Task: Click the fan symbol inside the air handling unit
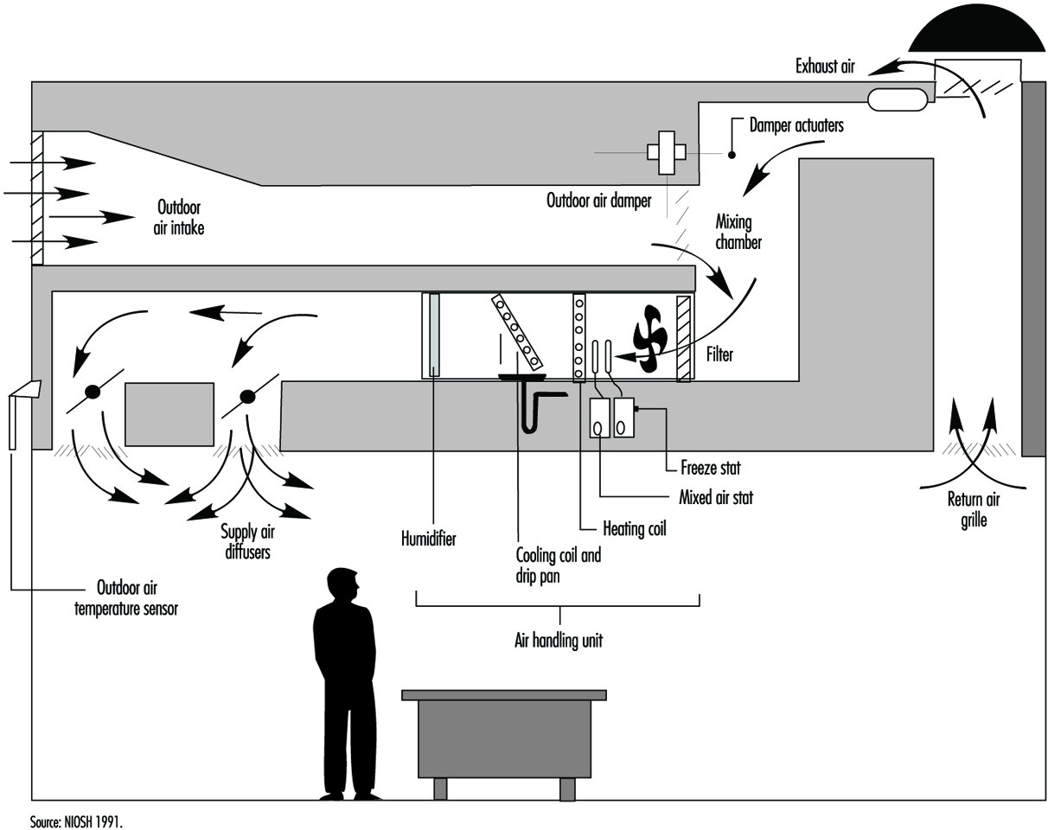(649, 339)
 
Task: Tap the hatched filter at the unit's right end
(684, 338)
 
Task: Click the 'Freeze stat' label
(710, 469)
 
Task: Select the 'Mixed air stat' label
(716, 498)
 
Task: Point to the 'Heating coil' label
(635, 528)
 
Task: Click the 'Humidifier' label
(428, 539)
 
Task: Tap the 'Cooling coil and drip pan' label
(558, 565)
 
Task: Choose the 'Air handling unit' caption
(558, 641)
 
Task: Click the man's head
(343, 587)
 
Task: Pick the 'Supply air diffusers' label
(247, 542)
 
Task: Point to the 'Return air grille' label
(974, 510)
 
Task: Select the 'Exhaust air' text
(826, 66)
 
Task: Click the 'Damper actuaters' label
(796, 125)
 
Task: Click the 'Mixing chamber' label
(738, 232)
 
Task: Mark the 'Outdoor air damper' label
(598, 201)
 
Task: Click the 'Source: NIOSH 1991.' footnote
(77, 821)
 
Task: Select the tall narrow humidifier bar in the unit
(434, 335)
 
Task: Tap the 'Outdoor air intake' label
(180, 218)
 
